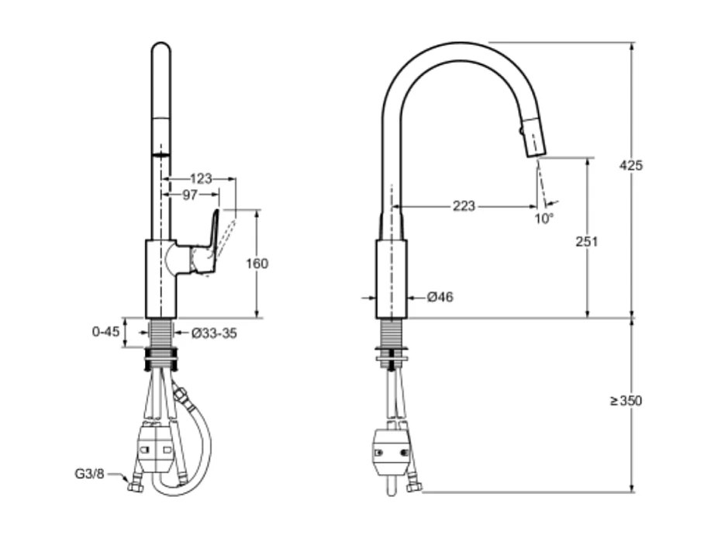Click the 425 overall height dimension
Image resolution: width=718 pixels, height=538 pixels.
[631, 165]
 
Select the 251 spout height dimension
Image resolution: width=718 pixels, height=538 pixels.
[587, 241]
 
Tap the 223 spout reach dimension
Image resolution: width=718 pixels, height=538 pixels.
[464, 206]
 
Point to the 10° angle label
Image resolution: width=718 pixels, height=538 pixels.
[544, 219]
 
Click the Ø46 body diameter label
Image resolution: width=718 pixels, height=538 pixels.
[440, 297]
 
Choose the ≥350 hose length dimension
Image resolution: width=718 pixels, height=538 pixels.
[626, 401]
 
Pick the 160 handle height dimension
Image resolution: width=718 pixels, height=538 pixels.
[256, 264]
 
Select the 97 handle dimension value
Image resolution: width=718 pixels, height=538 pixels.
[190, 195]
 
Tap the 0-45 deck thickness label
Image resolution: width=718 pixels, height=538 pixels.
[105, 332]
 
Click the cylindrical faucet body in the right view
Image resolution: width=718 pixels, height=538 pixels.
[391, 279]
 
